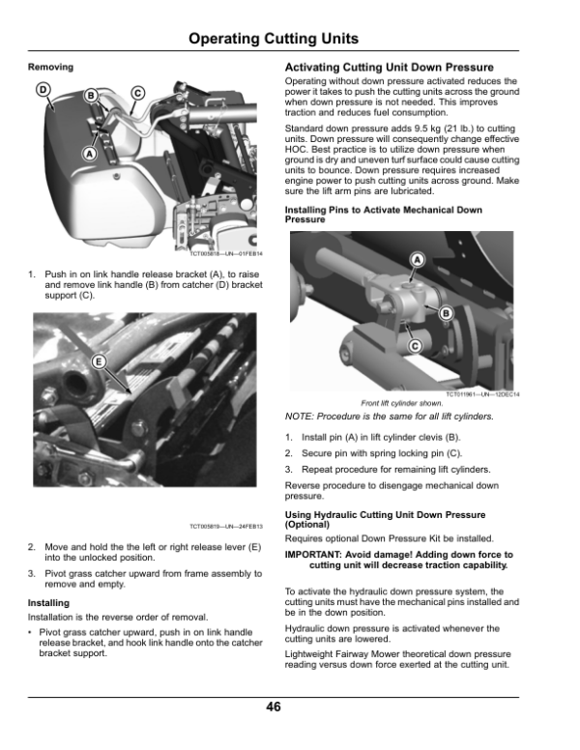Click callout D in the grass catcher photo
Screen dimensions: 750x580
click(43, 90)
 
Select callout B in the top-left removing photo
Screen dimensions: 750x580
click(91, 96)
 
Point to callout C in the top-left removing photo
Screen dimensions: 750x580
click(137, 93)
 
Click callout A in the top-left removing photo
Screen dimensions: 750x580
click(90, 154)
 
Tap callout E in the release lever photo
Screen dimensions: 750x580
click(99, 361)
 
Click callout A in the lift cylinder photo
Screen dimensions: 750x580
click(417, 259)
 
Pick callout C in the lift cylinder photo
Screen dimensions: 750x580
click(415, 346)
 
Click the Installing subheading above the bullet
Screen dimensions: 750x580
click(48, 603)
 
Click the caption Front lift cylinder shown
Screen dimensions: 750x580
click(402, 403)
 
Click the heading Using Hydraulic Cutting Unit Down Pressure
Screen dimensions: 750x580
click(385, 519)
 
